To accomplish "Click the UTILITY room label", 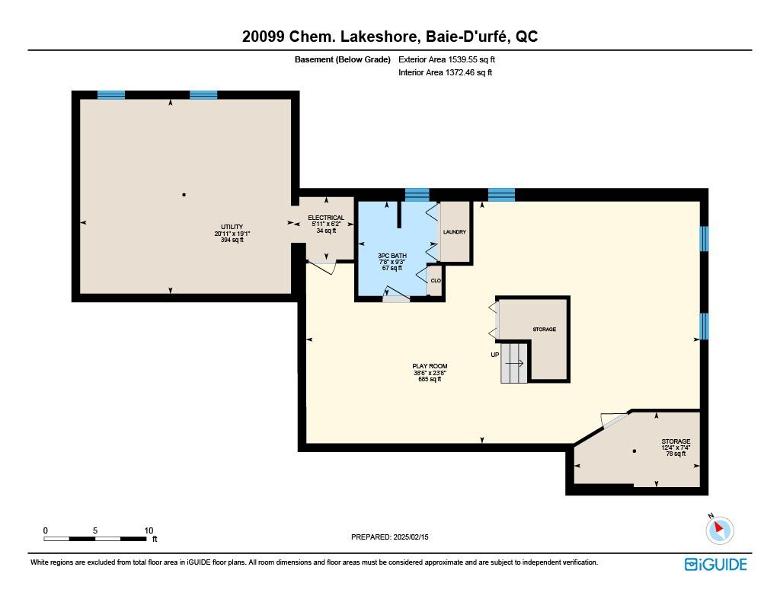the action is pyautogui.click(x=232, y=227).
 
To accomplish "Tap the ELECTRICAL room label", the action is pyautogui.click(x=326, y=218).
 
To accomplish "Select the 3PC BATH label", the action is pyautogui.click(x=392, y=256).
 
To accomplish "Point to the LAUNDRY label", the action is pyautogui.click(x=454, y=232).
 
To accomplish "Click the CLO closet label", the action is pyautogui.click(x=436, y=281).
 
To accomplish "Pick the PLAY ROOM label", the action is pyautogui.click(x=430, y=366).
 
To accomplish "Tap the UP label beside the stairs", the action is pyautogui.click(x=495, y=355).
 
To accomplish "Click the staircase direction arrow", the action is pyautogui.click(x=515, y=363).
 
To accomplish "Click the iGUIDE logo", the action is pyautogui.click(x=716, y=564).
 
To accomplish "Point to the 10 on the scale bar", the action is pyautogui.click(x=149, y=530).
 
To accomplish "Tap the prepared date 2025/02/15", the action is pyautogui.click(x=411, y=537).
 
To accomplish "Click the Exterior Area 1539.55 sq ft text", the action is pyautogui.click(x=446, y=59).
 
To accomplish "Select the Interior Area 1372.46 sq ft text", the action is pyautogui.click(x=445, y=72).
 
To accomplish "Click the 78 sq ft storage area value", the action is pyautogui.click(x=676, y=454).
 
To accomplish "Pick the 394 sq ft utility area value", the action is pyautogui.click(x=232, y=240).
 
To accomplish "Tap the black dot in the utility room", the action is pyautogui.click(x=184, y=195).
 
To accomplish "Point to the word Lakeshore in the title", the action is pyautogui.click(x=379, y=37).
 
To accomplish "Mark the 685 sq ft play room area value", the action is pyautogui.click(x=430, y=379).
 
